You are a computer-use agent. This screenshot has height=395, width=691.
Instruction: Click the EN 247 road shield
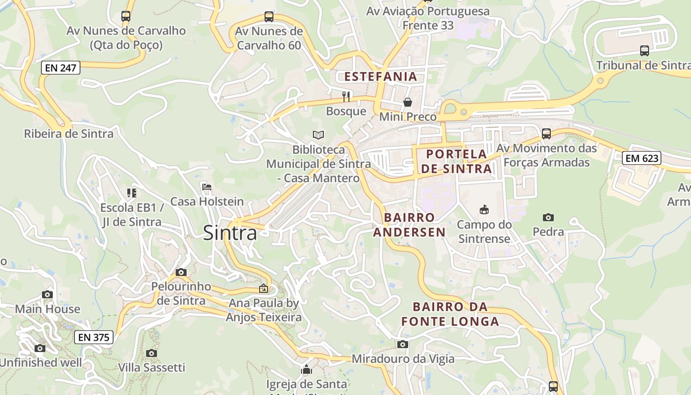click(x=60, y=68)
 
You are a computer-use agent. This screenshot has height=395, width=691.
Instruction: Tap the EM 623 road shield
click(x=641, y=158)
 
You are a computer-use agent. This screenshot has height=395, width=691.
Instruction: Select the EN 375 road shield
click(x=94, y=338)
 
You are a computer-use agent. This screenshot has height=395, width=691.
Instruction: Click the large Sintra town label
click(x=230, y=233)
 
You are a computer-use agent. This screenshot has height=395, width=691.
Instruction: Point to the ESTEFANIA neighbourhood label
click(x=381, y=77)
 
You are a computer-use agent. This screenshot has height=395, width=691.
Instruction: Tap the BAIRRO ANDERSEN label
click(x=409, y=225)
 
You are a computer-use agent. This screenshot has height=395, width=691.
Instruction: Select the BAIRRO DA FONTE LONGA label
click(x=450, y=315)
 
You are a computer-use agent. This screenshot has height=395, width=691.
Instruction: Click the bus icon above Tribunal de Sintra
click(x=645, y=50)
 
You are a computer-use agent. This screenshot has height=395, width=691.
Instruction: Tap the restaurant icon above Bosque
click(x=346, y=96)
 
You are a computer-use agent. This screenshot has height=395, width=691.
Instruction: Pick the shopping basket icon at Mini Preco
click(x=408, y=102)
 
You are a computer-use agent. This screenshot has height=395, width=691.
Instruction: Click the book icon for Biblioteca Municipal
click(x=318, y=135)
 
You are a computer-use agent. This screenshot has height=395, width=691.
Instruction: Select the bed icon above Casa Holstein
click(x=207, y=187)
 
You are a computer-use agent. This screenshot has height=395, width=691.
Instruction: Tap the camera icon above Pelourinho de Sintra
click(x=181, y=272)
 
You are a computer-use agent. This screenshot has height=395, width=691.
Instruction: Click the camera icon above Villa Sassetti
click(x=152, y=353)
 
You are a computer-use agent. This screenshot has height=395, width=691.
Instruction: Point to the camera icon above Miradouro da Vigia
click(x=403, y=344)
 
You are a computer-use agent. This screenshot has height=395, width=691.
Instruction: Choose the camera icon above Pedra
click(x=548, y=217)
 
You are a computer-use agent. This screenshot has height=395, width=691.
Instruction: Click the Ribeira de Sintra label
click(x=69, y=134)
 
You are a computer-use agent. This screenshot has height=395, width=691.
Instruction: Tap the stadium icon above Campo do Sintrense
click(x=484, y=210)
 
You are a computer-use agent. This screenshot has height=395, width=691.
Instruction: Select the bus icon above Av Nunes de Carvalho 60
click(x=269, y=17)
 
